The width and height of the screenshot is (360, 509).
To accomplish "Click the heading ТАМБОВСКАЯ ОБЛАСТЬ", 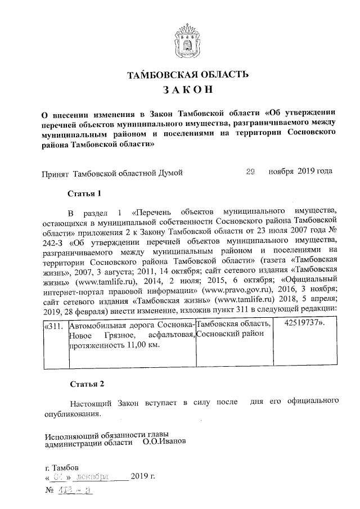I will pyautogui.click(x=187, y=75).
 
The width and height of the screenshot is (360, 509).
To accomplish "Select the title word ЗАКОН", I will pyautogui.click(x=187, y=90).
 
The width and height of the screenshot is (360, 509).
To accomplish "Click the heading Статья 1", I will pyautogui.click(x=84, y=193).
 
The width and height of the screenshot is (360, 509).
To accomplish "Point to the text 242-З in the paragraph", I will pyautogui.click(x=56, y=244).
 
